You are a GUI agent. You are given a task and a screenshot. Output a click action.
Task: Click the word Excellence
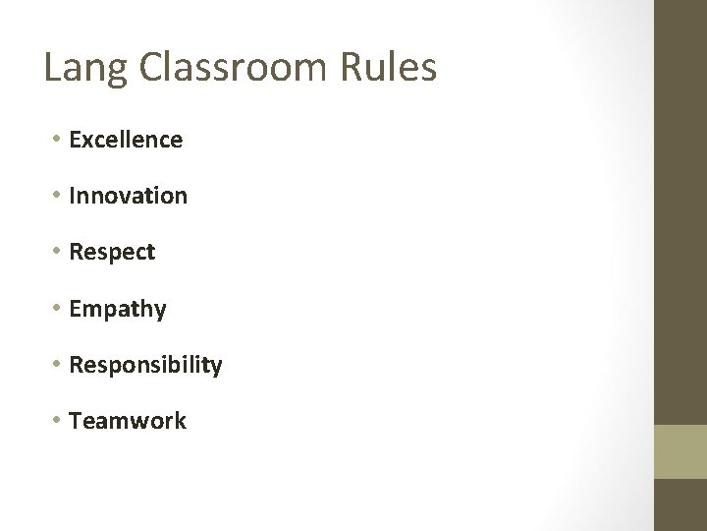(x=126, y=140)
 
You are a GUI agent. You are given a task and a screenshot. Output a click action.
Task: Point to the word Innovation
(x=128, y=196)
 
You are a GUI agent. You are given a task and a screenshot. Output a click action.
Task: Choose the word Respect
(x=112, y=253)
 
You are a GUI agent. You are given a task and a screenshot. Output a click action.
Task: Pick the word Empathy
(x=118, y=309)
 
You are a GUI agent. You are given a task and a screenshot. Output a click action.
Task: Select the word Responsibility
(x=145, y=366)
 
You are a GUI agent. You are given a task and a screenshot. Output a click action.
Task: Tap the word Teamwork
(x=128, y=421)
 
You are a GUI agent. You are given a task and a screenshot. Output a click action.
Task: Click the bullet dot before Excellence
(x=59, y=140)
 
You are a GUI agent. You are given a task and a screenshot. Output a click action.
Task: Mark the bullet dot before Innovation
(x=59, y=196)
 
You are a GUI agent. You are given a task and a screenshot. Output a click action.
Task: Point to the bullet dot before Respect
(x=59, y=252)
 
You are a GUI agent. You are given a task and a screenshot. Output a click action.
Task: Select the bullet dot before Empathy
(x=59, y=308)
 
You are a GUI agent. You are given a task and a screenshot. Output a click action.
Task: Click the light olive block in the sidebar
(x=680, y=451)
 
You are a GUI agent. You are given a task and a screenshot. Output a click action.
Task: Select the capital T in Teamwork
(x=76, y=421)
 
